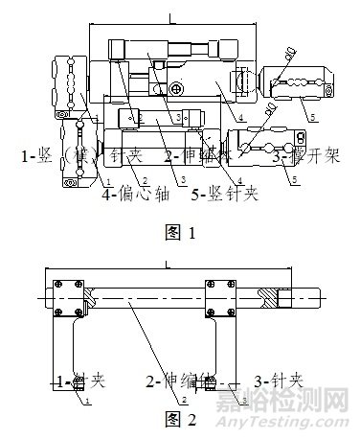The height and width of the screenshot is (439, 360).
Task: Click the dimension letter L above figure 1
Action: point(169,17)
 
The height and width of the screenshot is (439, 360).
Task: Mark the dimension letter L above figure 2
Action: point(169,263)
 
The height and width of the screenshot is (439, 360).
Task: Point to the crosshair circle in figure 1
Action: point(177,89)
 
